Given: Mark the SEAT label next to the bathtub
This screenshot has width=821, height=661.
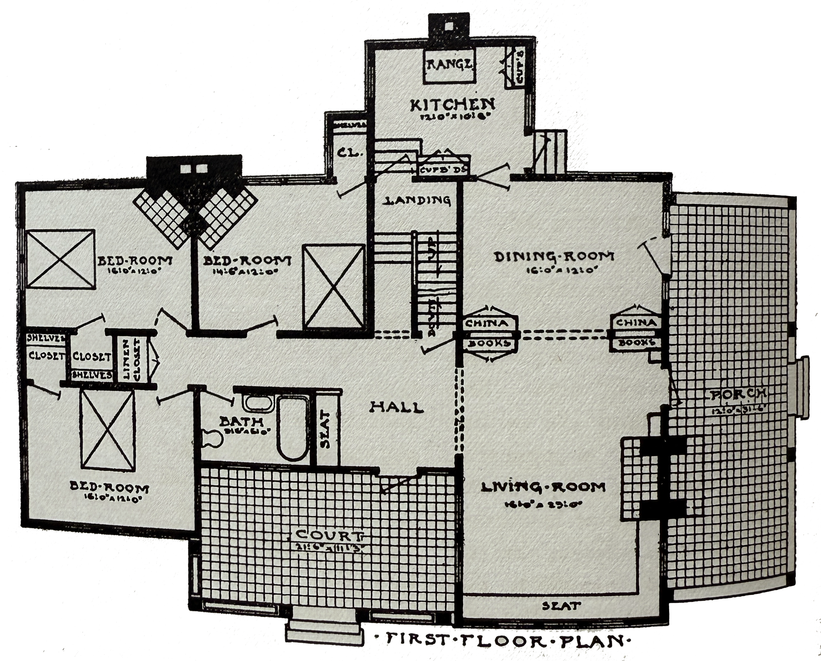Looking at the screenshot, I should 327,429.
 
